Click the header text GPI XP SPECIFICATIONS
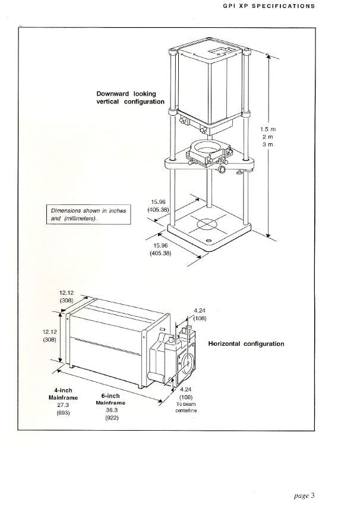click(x=269, y=6)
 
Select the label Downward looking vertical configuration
click(x=131, y=98)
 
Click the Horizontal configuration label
click(x=247, y=343)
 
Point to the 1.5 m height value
click(x=269, y=129)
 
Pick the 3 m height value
click(x=268, y=144)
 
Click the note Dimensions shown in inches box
click(x=89, y=214)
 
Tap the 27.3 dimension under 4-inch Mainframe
click(x=63, y=405)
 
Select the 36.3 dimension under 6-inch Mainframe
click(x=112, y=411)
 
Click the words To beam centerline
click(x=186, y=408)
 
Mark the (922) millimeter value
click(x=112, y=418)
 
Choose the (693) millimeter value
click(x=63, y=413)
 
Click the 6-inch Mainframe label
click(x=110, y=399)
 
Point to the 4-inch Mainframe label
click(x=63, y=394)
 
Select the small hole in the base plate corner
click(x=209, y=241)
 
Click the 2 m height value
click(x=268, y=137)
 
